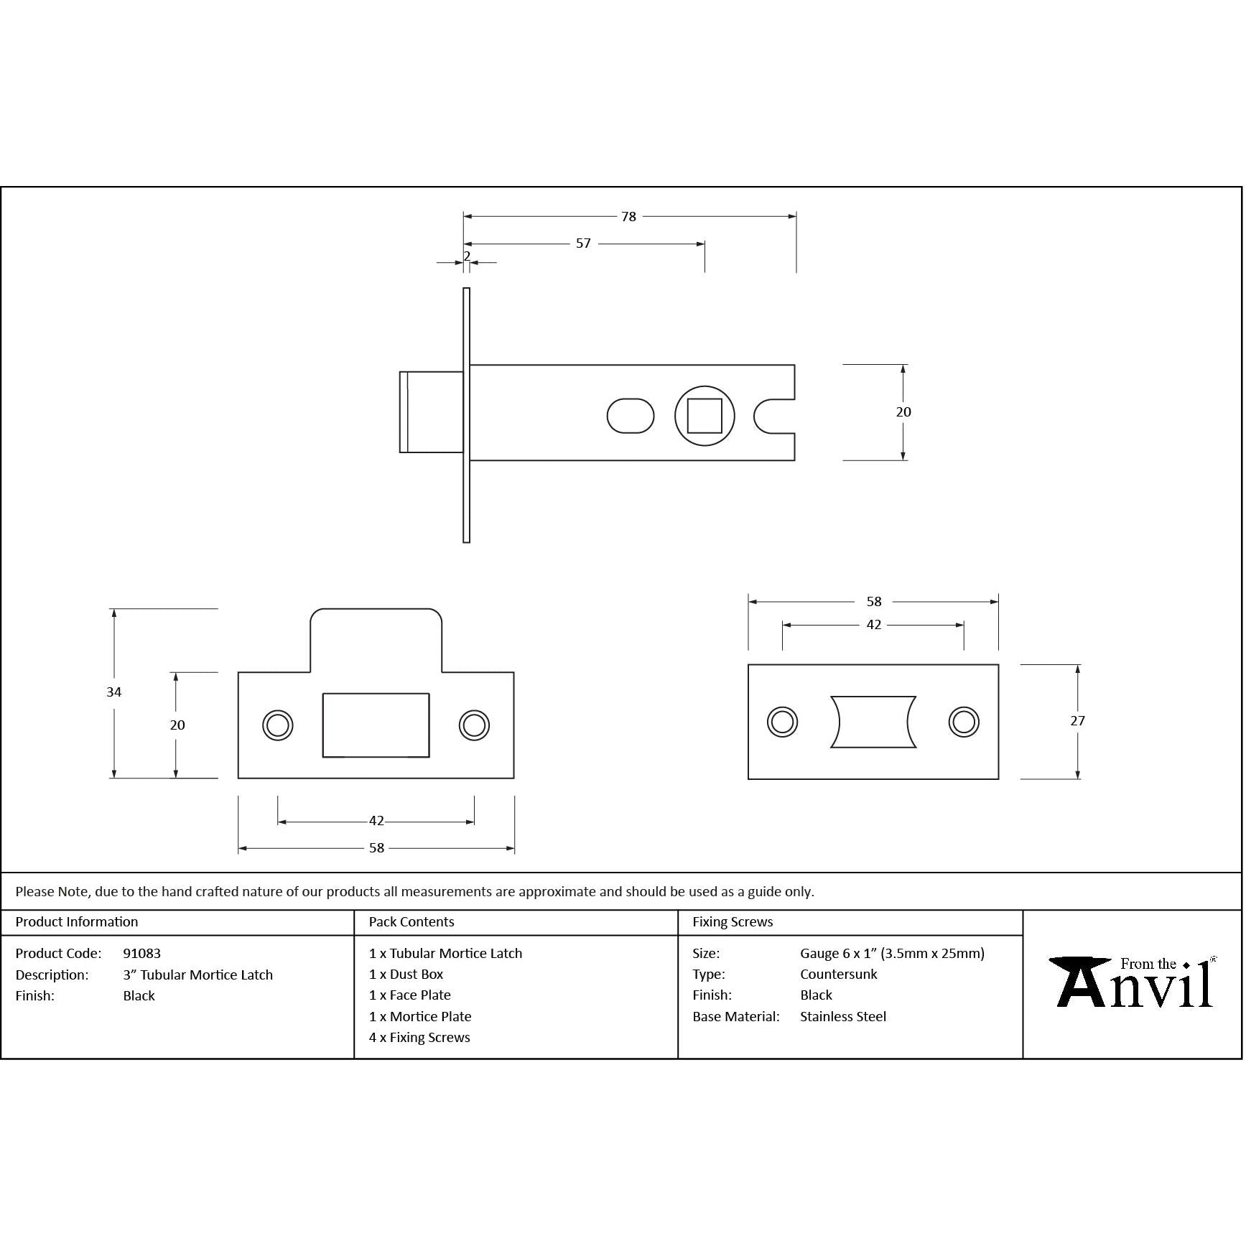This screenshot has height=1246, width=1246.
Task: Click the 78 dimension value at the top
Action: [x=628, y=217]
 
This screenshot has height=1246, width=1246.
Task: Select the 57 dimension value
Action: [x=583, y=244]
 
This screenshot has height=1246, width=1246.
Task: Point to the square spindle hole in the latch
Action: [x=705, y=416]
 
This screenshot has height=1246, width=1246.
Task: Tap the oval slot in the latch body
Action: [x=631, y=416]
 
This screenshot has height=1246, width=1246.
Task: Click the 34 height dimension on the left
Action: [x=114, y=692]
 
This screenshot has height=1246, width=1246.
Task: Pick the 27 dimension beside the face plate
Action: [x=1077, y=721]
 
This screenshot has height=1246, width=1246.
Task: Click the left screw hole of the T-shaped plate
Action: [x=277, y=725]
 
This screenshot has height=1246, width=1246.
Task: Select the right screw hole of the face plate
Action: [x=963, y=722]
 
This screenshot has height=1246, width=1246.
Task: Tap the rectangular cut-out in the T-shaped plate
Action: [x=376, y=725]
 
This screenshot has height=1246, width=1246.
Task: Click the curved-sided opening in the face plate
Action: [x=873, y=722]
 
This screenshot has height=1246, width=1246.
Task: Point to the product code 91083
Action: [x=142, y=954]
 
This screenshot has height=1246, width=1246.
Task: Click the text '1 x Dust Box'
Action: [x=406, y=975]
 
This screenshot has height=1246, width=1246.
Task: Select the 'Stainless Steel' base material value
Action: [x=843, y=1017]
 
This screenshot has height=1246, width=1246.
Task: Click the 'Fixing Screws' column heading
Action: [x=733, y=922]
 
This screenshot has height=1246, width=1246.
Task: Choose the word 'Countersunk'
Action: [x=839, y=975]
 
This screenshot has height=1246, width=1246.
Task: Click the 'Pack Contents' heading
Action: [x=412, y=922]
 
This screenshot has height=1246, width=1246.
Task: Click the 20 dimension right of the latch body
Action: [x=903, y=412]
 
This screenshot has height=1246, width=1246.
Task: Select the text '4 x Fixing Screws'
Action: [x=419, y=1038]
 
